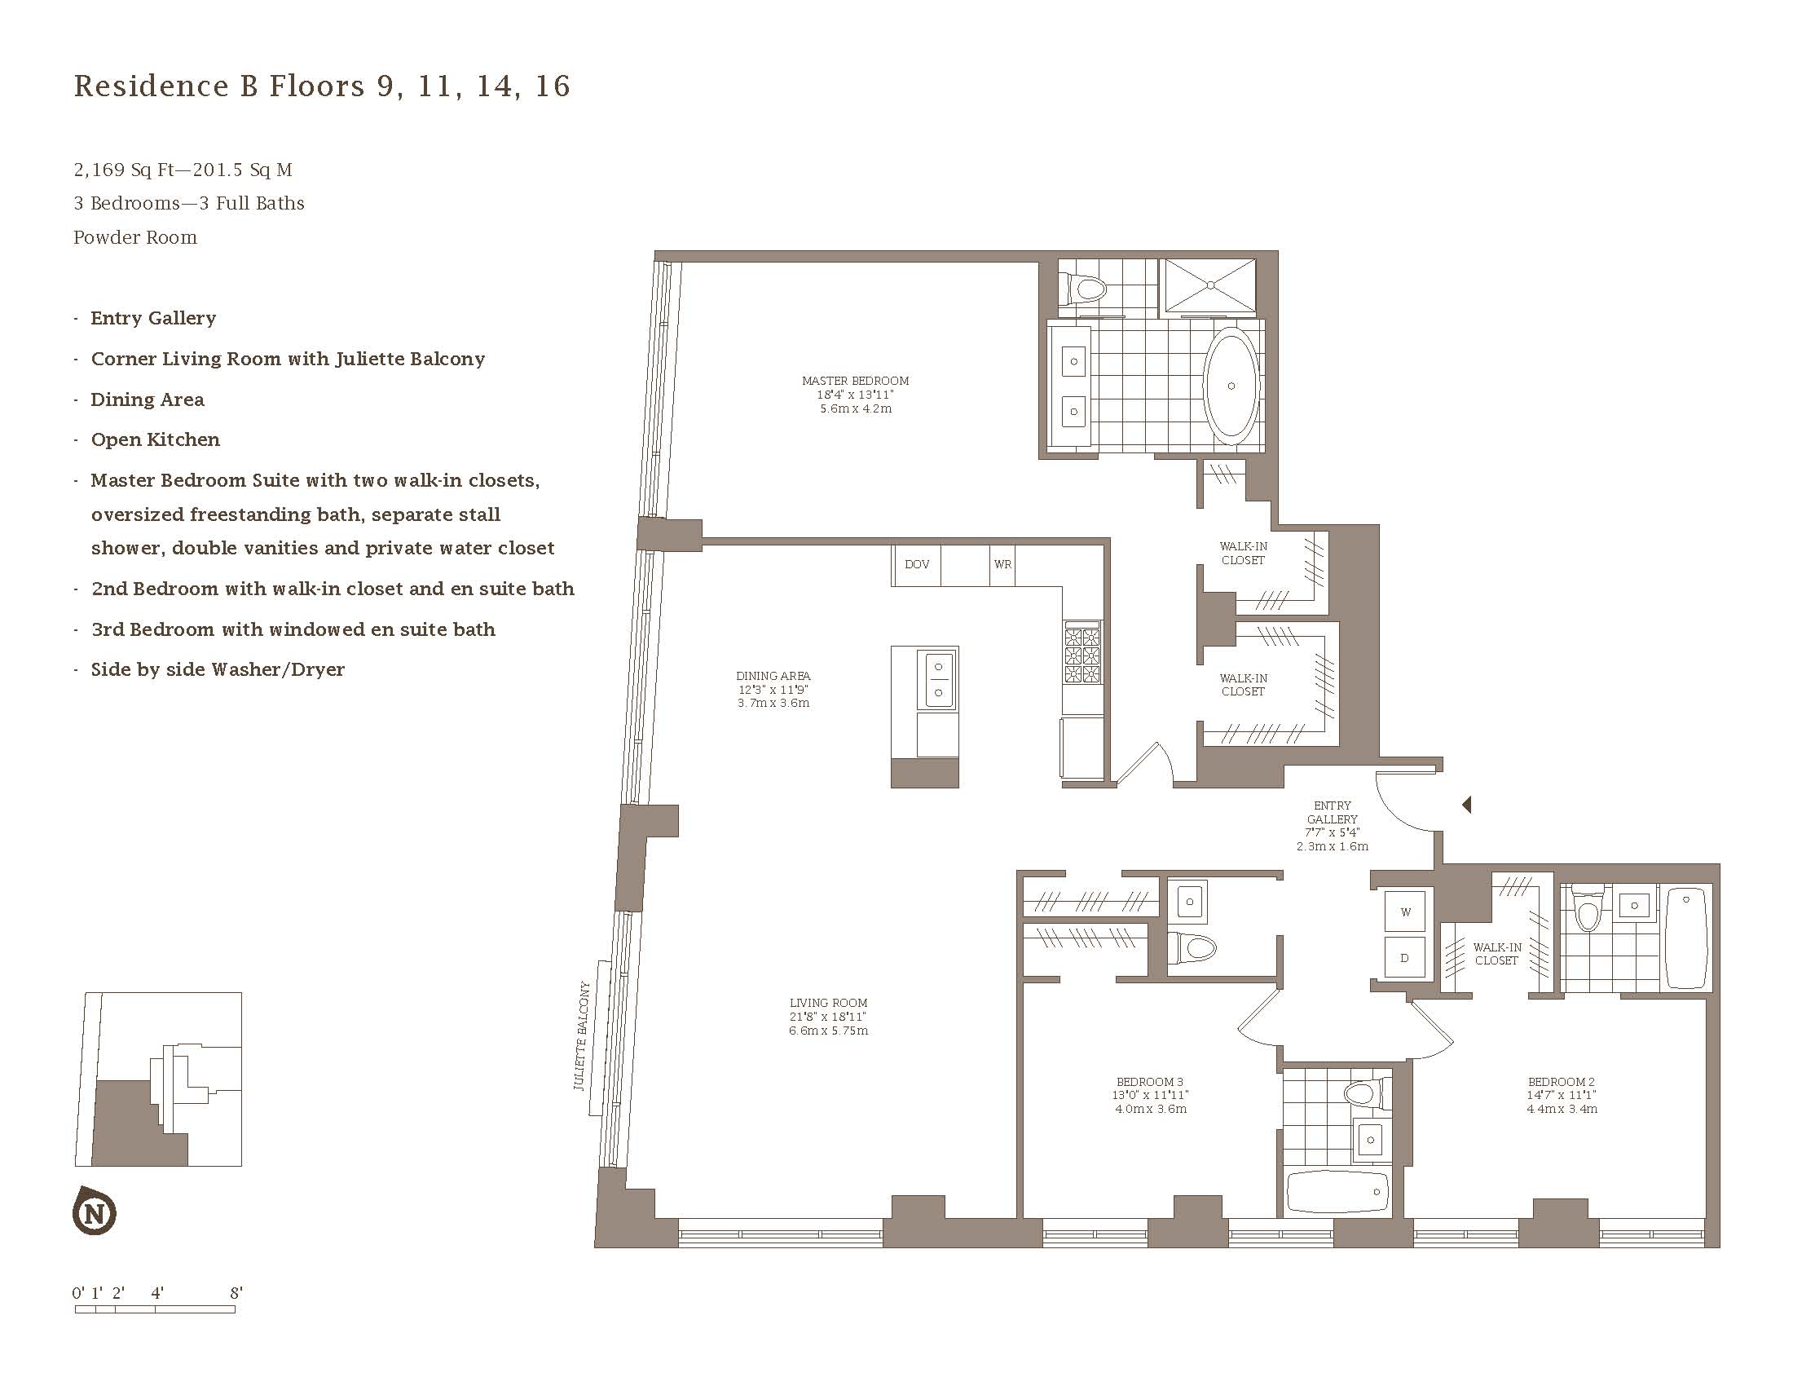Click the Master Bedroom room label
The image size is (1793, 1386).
[855, 394]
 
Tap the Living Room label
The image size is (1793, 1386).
[828, 1017]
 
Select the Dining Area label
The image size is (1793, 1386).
[773, 690]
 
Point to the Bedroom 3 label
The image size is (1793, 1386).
[1149, 1095]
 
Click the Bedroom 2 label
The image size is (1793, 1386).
[1562, 1095]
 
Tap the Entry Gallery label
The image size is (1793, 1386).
[1332, 826]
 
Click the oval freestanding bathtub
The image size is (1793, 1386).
[1230, 386]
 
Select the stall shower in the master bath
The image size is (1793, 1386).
[1211, 285]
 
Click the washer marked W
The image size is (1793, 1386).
[1406, 912]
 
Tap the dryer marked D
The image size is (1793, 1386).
[1406, 957]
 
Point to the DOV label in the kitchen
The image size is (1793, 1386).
[917, 564]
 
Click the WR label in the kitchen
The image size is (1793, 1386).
[1002, 564]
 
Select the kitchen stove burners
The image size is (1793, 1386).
[1082, 654]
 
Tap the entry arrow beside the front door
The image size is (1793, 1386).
[1467, 806]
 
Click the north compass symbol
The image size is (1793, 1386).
[95, 1210]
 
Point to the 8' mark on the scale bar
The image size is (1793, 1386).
[236, 1293]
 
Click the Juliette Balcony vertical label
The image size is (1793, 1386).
[583, 1036]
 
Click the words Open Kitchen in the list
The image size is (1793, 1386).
[155, 439]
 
